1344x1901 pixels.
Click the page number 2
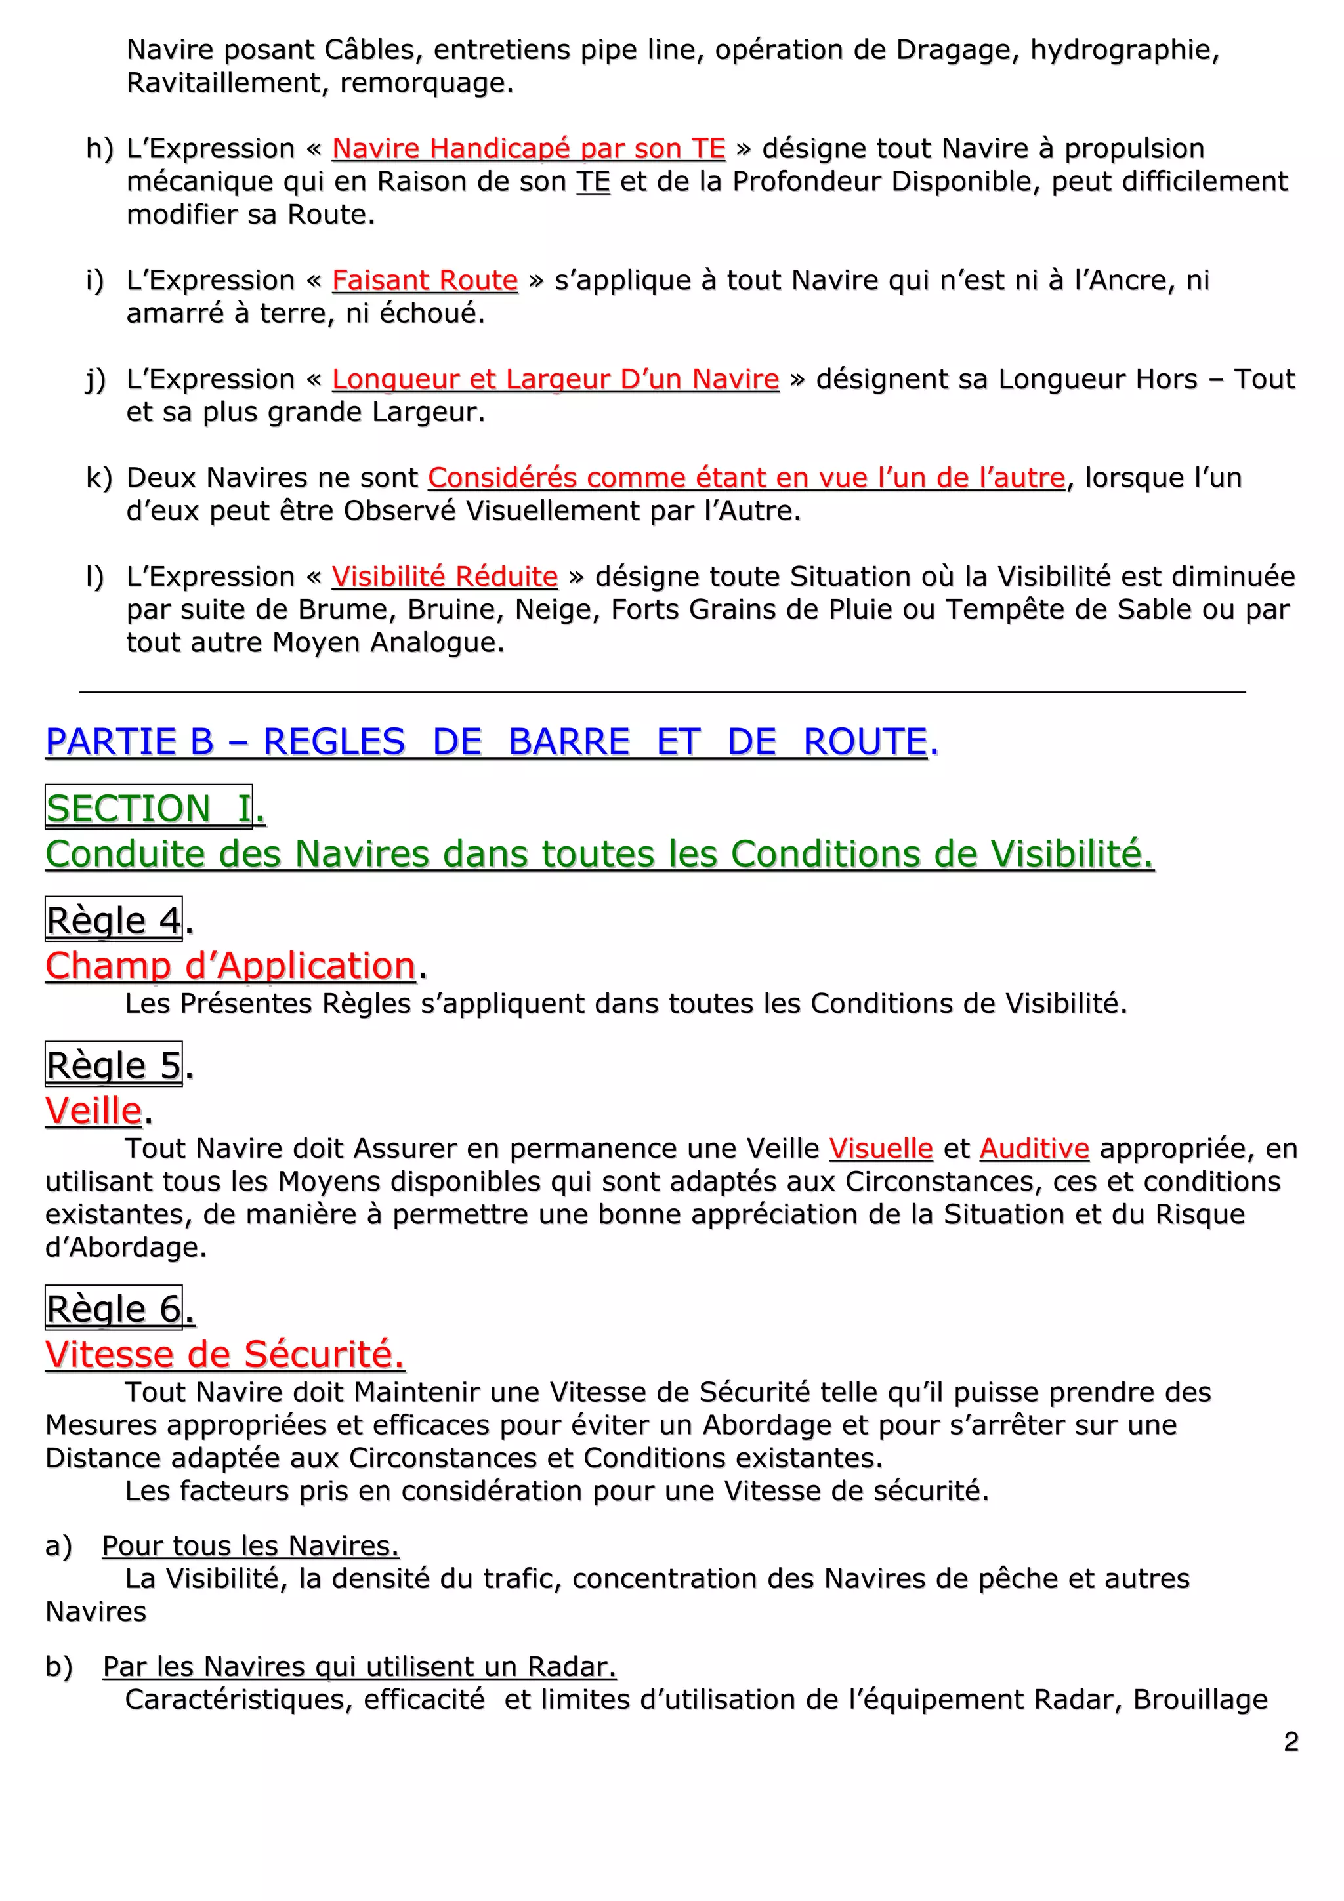pyautogui.click(x=1290, y=1741)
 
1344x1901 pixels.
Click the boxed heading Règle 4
pyautogui.click(x=114, y=920)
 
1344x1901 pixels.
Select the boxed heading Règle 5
pyautogui.click(x=114, y=1065)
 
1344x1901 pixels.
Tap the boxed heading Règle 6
pyautogui.click(x=114, y=1308)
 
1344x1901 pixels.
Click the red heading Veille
pyautogui.click(x=94, y=1111)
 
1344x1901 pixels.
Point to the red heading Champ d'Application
pyautogui.click(x=230, y=966)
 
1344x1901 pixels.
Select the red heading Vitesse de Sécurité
pyautogui.click(x=224, y=1354)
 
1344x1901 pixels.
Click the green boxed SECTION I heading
pyautogui.click(x=149, y=808)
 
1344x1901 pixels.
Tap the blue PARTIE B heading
pyautogui.click(x=488, y=741)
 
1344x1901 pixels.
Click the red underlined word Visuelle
pyautogui.click(x=880, y=1149)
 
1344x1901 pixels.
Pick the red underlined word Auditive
pyautogui.click(x=1034, y=1149)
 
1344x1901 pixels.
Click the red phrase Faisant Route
pyautogui.click(x=425, y=280)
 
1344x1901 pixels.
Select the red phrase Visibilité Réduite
pyautogui.click(x=445, y=576)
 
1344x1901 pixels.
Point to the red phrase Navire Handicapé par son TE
pyautogui.click(x=528, y=148)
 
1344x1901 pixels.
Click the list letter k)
pyautogui.click(x=98, y=478)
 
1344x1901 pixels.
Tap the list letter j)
pyautogui.click(x=96, y=379)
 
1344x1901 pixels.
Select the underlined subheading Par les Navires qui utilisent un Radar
pyautogui.click(x=360, y=1666)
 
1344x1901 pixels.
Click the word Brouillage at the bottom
pyautogui.click(x=1200, y=1699)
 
